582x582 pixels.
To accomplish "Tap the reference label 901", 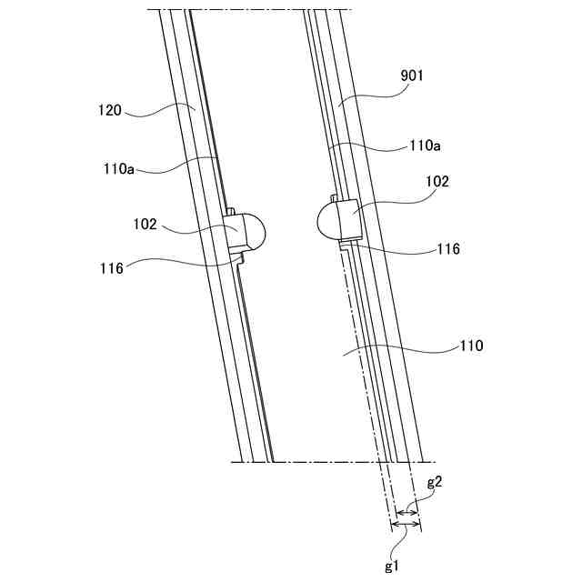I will coord(412,78).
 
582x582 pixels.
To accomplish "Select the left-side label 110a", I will coord(119,167).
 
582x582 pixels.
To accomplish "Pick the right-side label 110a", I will coord(424,145).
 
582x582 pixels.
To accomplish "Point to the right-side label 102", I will coord(437,181).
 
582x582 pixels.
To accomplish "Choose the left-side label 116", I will coord(113,267).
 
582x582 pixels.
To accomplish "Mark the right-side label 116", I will coord(448,248).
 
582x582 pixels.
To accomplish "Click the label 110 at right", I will coord(471,346).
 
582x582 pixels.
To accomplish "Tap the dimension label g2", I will coord(434,484).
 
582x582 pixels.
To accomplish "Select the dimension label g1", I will coord(392,567).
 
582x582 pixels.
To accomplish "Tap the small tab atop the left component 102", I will coord(231,212).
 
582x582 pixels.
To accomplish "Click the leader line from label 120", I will coord(159,111).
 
